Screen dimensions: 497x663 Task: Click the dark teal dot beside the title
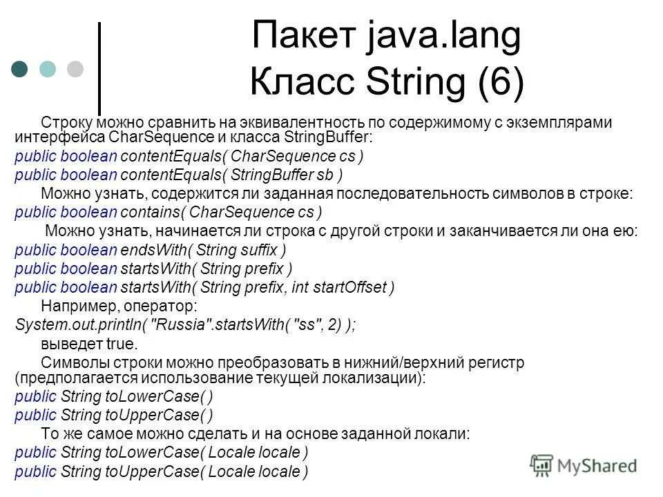click(20, 69)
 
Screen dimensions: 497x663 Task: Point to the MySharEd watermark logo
click(584, 466)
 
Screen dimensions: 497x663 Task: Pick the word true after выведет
click(124, 343)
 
